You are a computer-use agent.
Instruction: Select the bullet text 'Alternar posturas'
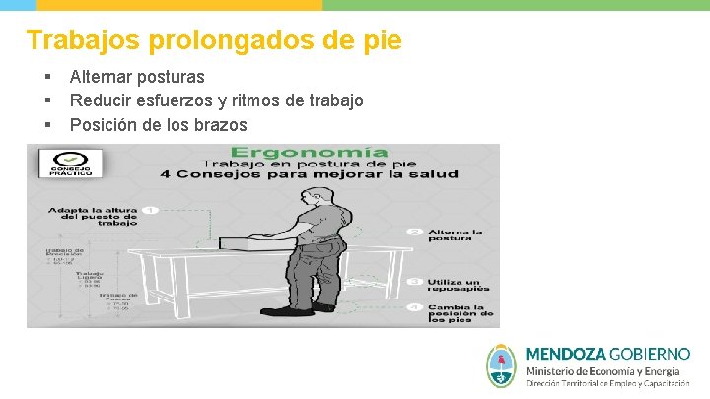click(x=137, y=76)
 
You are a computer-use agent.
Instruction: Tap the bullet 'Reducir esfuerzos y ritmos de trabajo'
click(x=216, y=100)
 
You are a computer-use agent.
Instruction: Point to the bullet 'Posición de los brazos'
click(x=158, y=125)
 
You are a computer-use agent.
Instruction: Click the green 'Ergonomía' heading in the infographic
click(x=309, y=153)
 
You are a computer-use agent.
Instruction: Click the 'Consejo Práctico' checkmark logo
click(x=71, y=163)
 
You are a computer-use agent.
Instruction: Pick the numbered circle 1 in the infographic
click(x=151, y=210)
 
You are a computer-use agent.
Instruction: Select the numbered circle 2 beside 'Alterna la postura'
click(x=415, y=233)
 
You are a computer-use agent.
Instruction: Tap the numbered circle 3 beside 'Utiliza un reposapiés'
click(x=415, y=280)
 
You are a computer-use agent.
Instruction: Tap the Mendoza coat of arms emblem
click(x=502, y=366)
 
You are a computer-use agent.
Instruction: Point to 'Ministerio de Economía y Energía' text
click(x=602, y=371)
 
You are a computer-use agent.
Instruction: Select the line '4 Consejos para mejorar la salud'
click(x=310, y=174)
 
